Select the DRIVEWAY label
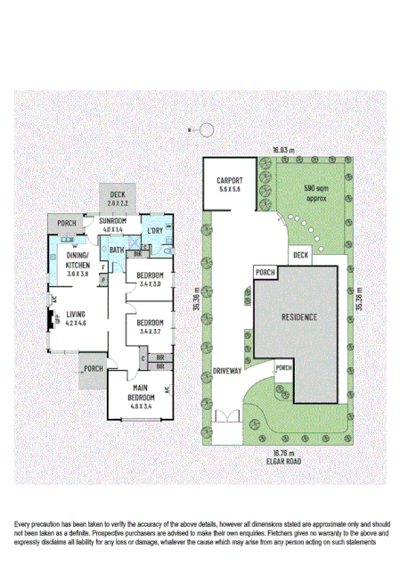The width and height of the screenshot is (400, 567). [x=228, y=371]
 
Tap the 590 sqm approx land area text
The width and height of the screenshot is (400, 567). [x=316, y=193]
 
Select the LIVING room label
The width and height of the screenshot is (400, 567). [x=75, y=315]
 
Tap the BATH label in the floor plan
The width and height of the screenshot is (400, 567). [x=117, y=251]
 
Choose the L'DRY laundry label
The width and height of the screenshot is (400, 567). [x=155, y=231]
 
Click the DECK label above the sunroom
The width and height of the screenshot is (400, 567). [x=118, y=195]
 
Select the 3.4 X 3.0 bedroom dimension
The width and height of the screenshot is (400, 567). [x=151, y=283]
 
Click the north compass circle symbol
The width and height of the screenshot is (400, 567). [x=208, y=130]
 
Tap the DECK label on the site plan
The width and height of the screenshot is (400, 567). [x=300, y=256]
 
